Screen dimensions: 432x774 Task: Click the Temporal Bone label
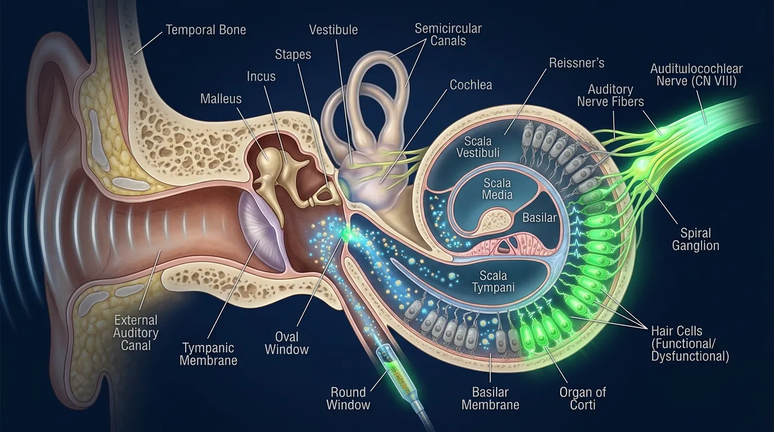[205, 29]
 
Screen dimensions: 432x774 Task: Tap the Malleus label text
[220, 99]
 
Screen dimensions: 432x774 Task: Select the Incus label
[261, 76]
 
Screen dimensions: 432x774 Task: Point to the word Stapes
[292, 55]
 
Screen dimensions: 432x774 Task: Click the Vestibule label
[333, 30]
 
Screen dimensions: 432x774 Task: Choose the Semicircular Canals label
[448, 34]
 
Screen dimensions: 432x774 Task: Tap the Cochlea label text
[470, 85]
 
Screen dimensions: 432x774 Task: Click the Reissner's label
[576, 62]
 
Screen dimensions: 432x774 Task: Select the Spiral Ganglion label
[695, 239]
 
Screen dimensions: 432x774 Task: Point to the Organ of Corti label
[582, 398]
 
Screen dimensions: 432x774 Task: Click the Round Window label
[348, 398]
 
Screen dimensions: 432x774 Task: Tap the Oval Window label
[286, 343]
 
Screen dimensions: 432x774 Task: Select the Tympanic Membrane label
[208, 354]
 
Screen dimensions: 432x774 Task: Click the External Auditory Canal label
[136, 332]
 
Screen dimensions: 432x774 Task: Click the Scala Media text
[497, 189]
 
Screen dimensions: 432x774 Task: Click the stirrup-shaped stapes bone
[322, 195]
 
